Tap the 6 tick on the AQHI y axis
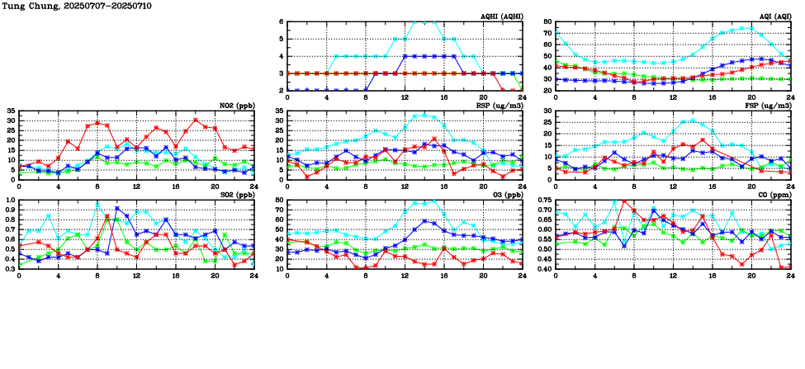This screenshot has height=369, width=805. click(281, 22)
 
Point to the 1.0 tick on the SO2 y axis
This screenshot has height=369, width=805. click(10, 201)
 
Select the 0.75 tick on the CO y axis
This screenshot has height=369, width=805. click(544, 201)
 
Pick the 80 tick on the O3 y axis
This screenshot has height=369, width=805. click(279, 201)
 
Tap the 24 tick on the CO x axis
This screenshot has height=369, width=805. click(790, 277)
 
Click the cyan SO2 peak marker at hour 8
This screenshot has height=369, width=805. click(97, 204)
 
